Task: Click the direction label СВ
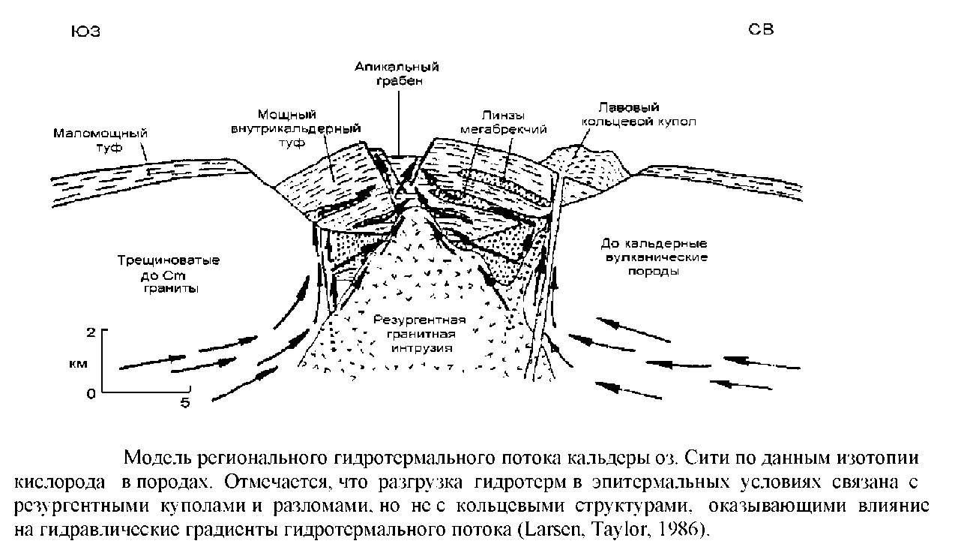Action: point(761,29)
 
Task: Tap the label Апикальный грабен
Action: point(397,74)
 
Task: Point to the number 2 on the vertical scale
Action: point(91,332)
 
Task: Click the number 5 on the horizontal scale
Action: point(184,404)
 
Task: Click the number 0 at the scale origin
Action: point(91,393)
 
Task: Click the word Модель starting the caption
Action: point(157,457)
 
